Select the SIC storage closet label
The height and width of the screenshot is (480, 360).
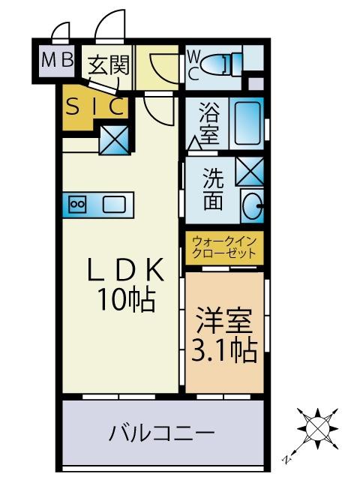[x=94, y=107]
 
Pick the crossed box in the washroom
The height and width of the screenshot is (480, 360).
[x=249, y=172]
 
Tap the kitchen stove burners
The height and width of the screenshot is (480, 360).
[x=78, y=203]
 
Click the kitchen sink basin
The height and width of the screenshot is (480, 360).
[x=114, y=203]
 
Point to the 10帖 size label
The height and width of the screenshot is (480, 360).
[x=124, y=300]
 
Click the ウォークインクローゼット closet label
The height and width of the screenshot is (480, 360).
[x=224, y=247]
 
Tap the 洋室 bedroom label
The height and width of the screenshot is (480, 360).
[x=223, y=317]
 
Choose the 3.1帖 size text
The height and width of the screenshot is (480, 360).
[x=224, y=349]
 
